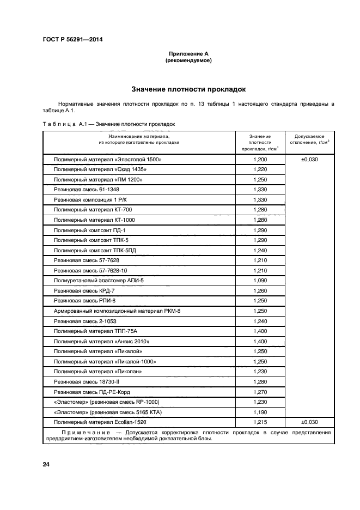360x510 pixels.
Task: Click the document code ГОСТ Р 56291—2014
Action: click(x=72, y=39)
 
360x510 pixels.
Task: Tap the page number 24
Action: click(x=46, y=464)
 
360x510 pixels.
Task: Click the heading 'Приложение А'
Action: click(x=188, y=54)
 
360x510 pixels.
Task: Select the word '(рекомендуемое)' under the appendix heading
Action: click(x=188, y=60)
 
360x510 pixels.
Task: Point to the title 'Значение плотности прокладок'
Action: click(x=188, y=88)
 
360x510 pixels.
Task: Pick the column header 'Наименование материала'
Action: click(x=139, y=138)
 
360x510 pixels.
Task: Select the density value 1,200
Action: click(x=260, y=160)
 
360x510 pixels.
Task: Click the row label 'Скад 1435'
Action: click(x=101, y=169)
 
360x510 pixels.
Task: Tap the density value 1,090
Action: click(x=260, y=280)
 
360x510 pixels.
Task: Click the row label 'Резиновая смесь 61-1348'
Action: click(x=86, y=190)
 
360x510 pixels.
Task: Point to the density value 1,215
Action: click(x=260, y=422)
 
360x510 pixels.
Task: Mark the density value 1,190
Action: click(x=260, y=411)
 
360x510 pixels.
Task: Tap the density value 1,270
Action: click(x=260, y=391)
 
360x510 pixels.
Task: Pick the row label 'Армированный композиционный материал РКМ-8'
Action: click(x=117, y=311)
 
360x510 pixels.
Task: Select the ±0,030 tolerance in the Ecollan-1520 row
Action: click(x=310, y=422)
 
